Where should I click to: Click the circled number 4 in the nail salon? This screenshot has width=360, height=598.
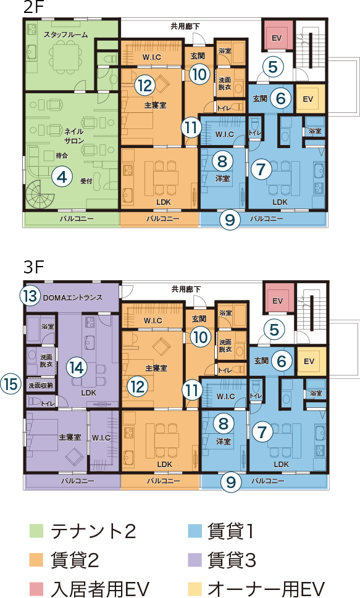[x=62, y=176]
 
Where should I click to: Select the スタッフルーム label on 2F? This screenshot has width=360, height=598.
[x=65, y=35]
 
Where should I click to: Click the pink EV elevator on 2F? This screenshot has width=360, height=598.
[x=277, y=38]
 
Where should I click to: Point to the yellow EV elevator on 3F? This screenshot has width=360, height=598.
[x=309, y=361]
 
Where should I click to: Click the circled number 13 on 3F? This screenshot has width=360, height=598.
[x=30, y=296]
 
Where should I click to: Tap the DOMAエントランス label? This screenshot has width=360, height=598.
[x=72, y=297]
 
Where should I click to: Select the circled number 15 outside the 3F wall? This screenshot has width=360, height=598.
[x=10, y=383]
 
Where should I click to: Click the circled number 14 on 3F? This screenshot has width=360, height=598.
[x=77, y=368]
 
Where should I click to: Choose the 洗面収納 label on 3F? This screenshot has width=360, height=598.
[x=41, y=386]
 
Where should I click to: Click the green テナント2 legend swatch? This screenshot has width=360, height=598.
[x=36, y=531]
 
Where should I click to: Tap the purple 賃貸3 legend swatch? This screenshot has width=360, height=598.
[x=195, y=560]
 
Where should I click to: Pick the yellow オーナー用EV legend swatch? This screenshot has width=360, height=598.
[x=195, y=589]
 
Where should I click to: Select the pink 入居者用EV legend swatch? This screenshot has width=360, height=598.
[x=36, y=589]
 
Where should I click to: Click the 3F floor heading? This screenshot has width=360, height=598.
[x=33, y=267]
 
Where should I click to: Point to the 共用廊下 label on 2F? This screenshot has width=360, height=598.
[x=185, y=27]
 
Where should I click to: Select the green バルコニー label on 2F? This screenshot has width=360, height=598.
[x=77, y=219]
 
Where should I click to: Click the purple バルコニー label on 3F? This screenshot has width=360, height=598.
[x=78, y=481]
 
